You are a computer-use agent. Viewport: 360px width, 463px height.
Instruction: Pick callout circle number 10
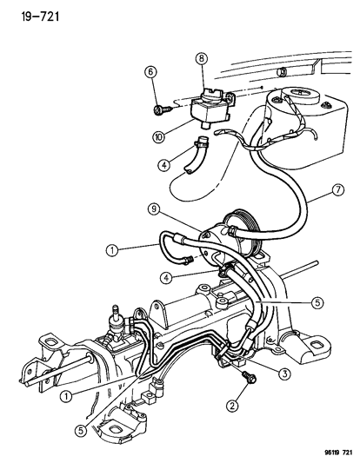click(159, 136)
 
